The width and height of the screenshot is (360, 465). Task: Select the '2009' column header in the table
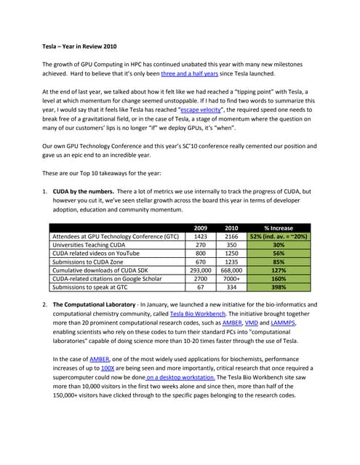click(x=200, y=227)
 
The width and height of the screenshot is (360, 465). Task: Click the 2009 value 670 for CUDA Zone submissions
click(x=200, y=263)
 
